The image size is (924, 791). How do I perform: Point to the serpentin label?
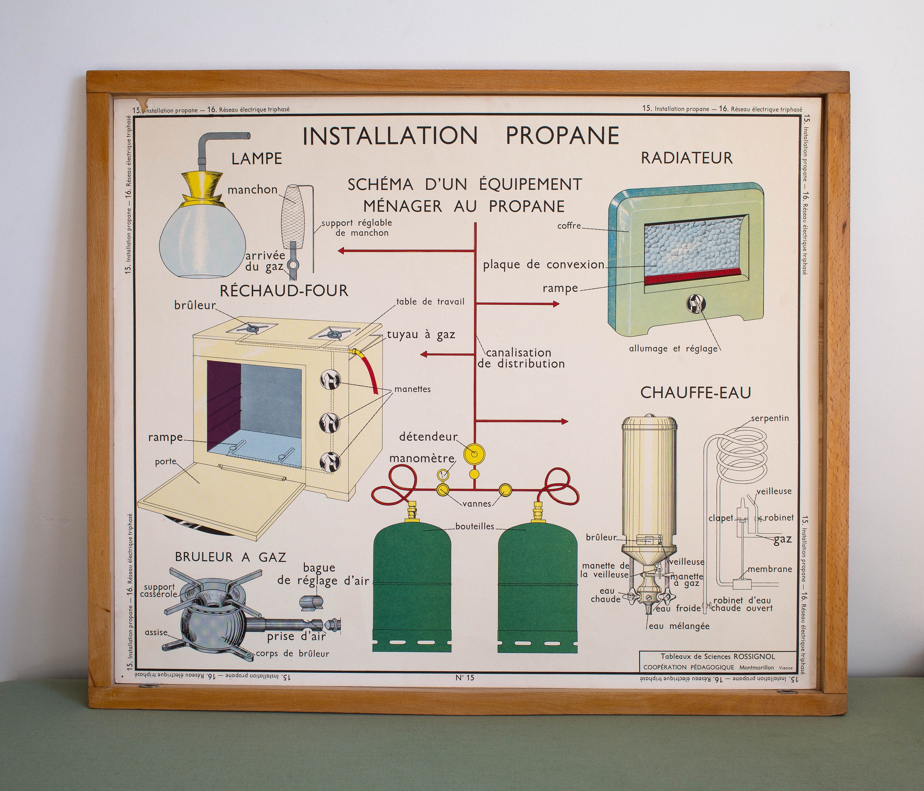(x=770, y=418)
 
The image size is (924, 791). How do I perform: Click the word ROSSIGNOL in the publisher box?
(x=754, y=656)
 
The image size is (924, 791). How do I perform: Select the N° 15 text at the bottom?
(x=465, y=678)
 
